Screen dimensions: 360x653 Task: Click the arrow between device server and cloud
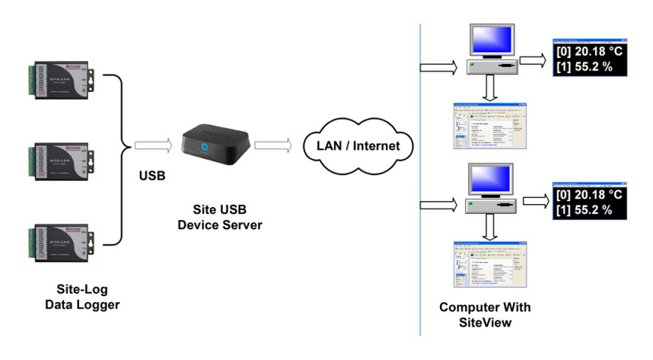click(272, 143)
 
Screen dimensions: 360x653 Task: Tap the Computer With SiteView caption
click(485, 314)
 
